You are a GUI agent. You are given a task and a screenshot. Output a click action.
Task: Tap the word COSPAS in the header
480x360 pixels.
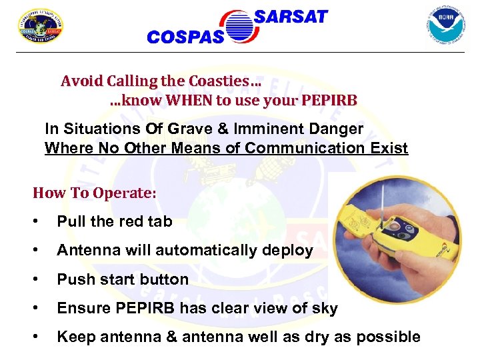(x=185, y=37)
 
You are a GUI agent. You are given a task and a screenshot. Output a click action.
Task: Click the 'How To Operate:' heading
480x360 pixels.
(x=95, y=193)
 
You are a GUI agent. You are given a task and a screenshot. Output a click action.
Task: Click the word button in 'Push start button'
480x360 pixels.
(x=165, y=279)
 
